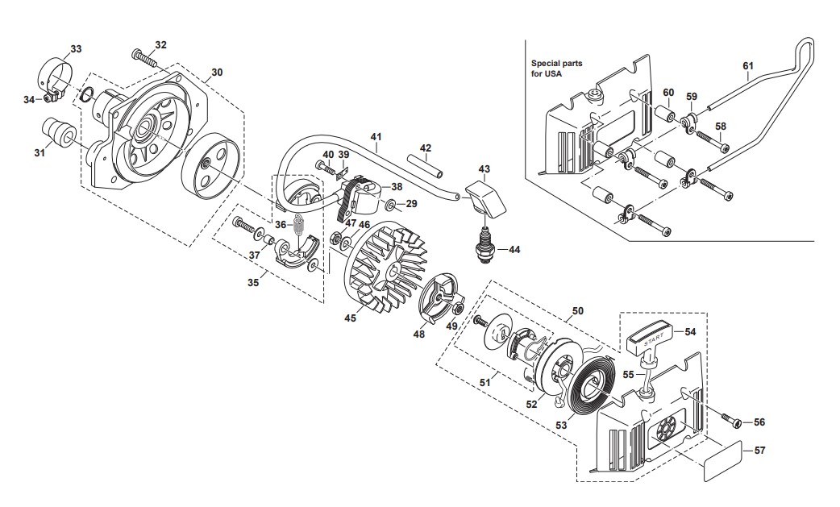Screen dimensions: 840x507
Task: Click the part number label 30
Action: (x=217, y=73)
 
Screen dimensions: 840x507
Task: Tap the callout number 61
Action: (x=748, y=65)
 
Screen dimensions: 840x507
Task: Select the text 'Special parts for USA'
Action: (x=556, y=69)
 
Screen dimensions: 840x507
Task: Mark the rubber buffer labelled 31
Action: (x=58, y=131)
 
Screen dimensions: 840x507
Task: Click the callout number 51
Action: (x=484, y=382)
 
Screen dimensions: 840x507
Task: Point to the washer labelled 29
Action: (x=392, y=205)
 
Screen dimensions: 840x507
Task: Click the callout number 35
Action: (x=253, y=281)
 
